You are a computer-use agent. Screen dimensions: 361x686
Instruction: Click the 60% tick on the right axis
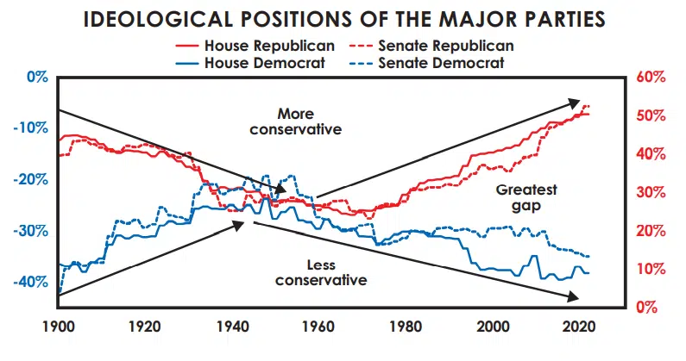click(x=650, y=78)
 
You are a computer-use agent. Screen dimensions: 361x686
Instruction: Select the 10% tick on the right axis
click(x=650, y=269)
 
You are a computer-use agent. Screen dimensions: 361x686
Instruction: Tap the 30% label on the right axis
click(x=650, y=192)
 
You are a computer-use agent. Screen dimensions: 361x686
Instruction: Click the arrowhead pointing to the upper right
click(x=576, y=103)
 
